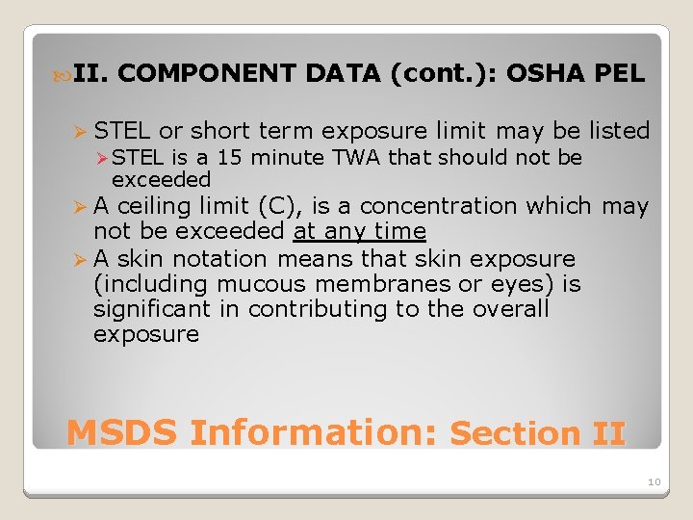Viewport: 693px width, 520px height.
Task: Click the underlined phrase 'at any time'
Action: click(360, 232)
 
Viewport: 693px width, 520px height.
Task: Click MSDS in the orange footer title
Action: click(122, 432)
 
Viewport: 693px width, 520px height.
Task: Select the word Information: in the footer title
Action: click(314, 432)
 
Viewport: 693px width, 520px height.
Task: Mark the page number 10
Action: click(654, 481)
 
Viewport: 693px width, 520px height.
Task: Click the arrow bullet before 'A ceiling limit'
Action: click(80, 207)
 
